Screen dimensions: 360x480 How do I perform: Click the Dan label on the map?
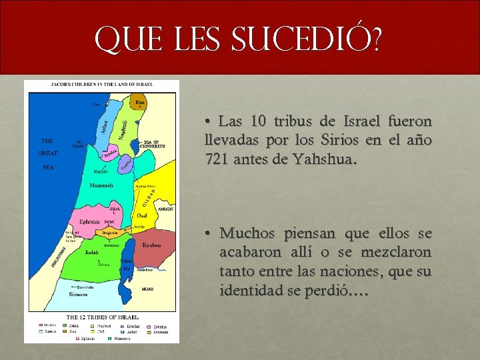pos(139,102)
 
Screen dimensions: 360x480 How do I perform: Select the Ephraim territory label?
pos(89,221)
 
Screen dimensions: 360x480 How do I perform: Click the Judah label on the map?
pos(92,252)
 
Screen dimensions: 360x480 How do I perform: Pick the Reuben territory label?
pos(151,245)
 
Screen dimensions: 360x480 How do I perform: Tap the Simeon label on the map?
pos(79,293)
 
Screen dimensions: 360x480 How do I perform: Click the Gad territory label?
pos(142,215)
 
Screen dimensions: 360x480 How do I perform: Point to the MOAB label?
pos(148,289)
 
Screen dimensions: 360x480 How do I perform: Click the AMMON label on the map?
pos(165,209)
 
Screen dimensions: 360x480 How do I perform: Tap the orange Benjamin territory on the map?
pos(110,232)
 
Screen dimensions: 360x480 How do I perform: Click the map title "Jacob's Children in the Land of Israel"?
pos(102,84)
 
